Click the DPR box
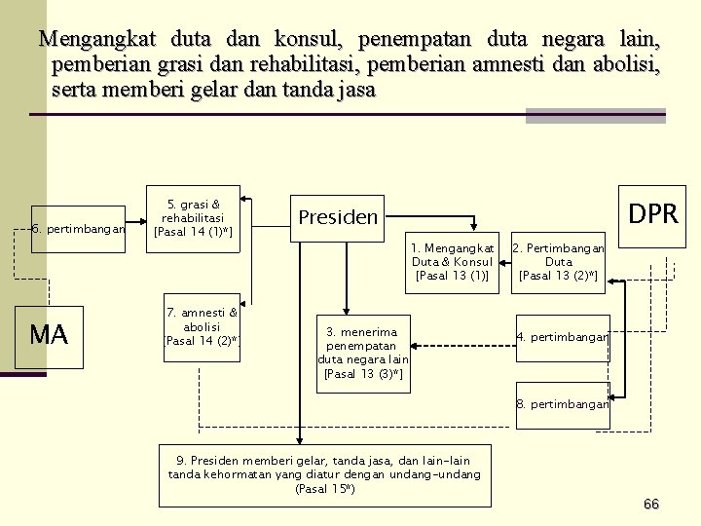(652, 215)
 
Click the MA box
(49, 336)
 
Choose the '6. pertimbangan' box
(79, 230)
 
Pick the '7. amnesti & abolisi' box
(202, 327)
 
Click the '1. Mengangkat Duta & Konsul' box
(452, 262)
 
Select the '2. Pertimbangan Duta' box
(558, 262)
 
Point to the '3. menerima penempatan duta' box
(362, 354)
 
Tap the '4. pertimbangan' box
(562, 338)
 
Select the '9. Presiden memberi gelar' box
(324, 474)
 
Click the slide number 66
(651, 504)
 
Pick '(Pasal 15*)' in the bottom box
(324, 488)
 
